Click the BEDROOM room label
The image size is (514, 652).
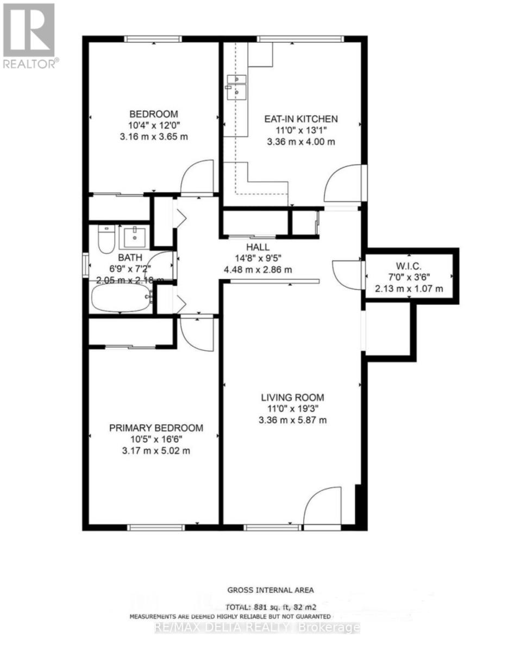coord(153,114)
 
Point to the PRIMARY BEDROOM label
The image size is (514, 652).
coord(156,428)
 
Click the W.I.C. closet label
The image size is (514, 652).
coord(409,266)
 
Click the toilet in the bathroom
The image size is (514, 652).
coord(104,239)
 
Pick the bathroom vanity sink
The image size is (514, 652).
coord(133,236)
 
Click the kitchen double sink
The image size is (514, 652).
coord(237,86)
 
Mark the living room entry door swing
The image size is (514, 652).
coord(322,508)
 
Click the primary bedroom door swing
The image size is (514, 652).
coord(198,331)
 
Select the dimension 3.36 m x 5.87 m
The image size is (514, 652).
coord(292,420)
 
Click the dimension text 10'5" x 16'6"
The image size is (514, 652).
coord(156,440)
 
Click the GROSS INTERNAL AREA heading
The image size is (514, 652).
coord(271,590)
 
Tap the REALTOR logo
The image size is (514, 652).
coord(29,36)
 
